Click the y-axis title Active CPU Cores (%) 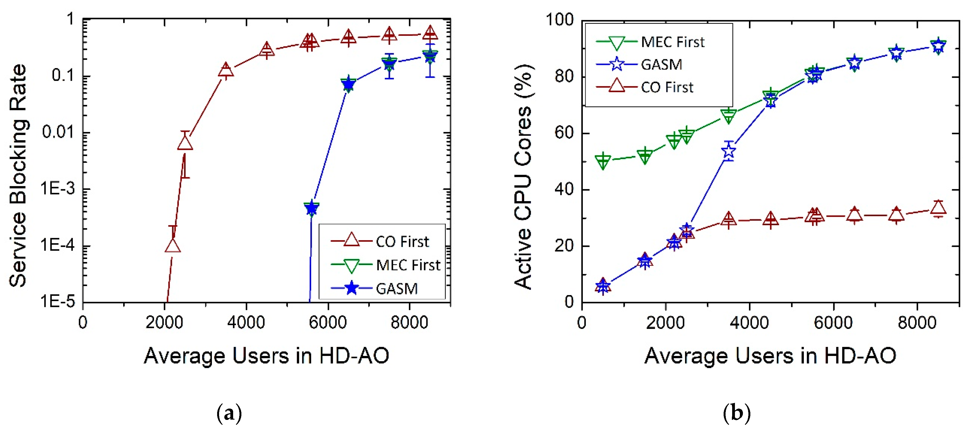(x=524, y=177)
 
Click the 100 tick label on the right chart (x=559, y=20)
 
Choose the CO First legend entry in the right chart (x=667, y=87)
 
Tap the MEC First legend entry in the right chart (x=672, y=42)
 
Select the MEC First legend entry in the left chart (x=408, y=265)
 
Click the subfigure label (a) (x=229, y=414)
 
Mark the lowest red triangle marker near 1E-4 (x=173, y=246)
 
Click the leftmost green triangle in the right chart (x=603, y=161)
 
